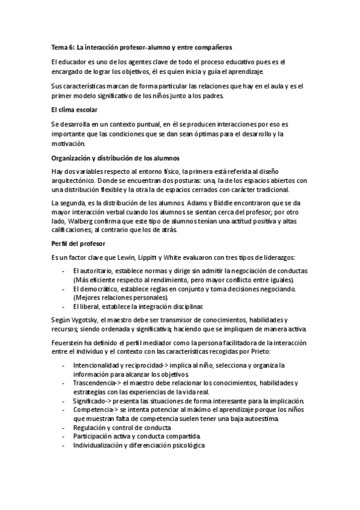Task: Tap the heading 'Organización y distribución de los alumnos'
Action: (111, 159)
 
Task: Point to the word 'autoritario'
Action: (96, 271)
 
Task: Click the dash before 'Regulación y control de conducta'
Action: (64, 428)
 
